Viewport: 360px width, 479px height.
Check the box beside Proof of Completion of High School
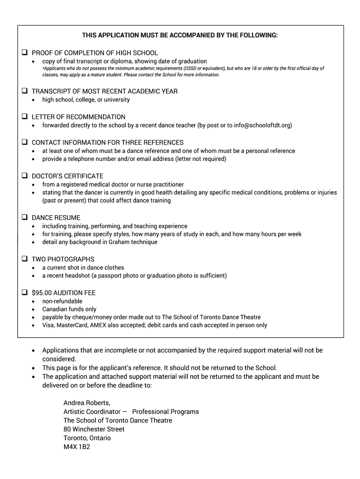[x=24, y=53]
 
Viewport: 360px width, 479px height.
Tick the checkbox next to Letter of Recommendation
[x=24, y=116]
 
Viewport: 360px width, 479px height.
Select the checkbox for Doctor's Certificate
[x=24, y=176]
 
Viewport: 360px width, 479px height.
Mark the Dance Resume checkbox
[x=24, y=218]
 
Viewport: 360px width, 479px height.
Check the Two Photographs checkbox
[x=24, y=259]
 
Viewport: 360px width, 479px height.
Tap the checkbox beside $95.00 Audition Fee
[x=24, y=292]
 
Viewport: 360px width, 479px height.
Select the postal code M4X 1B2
[x=77, y=447]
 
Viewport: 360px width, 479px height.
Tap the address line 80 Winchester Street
[x=94, y=429]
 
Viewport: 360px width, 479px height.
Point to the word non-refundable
[x=62, y=301]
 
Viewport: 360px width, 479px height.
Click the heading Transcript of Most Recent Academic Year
[x=104, y=91]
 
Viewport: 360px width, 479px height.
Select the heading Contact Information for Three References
[x=108, y=142]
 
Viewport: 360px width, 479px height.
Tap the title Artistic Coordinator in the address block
[x=92, y=412]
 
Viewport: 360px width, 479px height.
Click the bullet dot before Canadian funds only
[x=33, y=310]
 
